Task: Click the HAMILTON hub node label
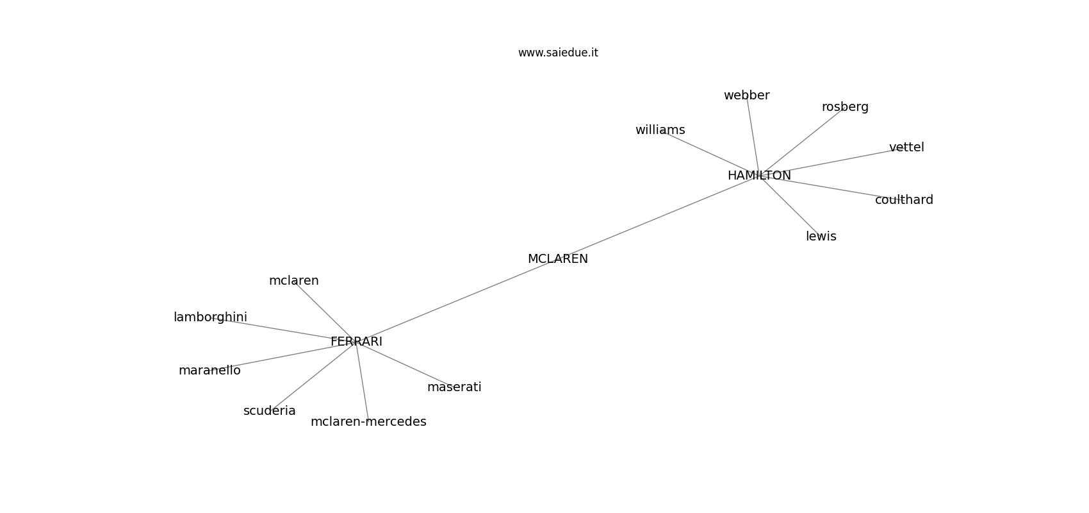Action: pos(759,175)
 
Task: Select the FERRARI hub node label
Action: pos(356,342)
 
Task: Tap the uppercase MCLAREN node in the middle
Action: pos(557,259)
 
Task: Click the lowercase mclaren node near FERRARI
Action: pos(293,281)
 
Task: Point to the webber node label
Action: pos(746,96)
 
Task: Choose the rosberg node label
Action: pos(845,107)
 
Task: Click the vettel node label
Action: pos(906,147)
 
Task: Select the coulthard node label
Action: pos(904,200)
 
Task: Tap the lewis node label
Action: pos(821,237)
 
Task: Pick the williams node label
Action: pos(660,130)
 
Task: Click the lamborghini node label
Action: pos(210,317)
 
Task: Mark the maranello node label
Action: pos(209,371)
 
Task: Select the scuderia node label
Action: pos(269,411)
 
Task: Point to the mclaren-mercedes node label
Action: pos(368,422)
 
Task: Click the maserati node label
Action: pos(454,387)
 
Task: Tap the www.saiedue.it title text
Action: pos(558,53)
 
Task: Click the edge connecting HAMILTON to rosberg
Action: pos(801,142)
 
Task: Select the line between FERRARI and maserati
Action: pos(404,364)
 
